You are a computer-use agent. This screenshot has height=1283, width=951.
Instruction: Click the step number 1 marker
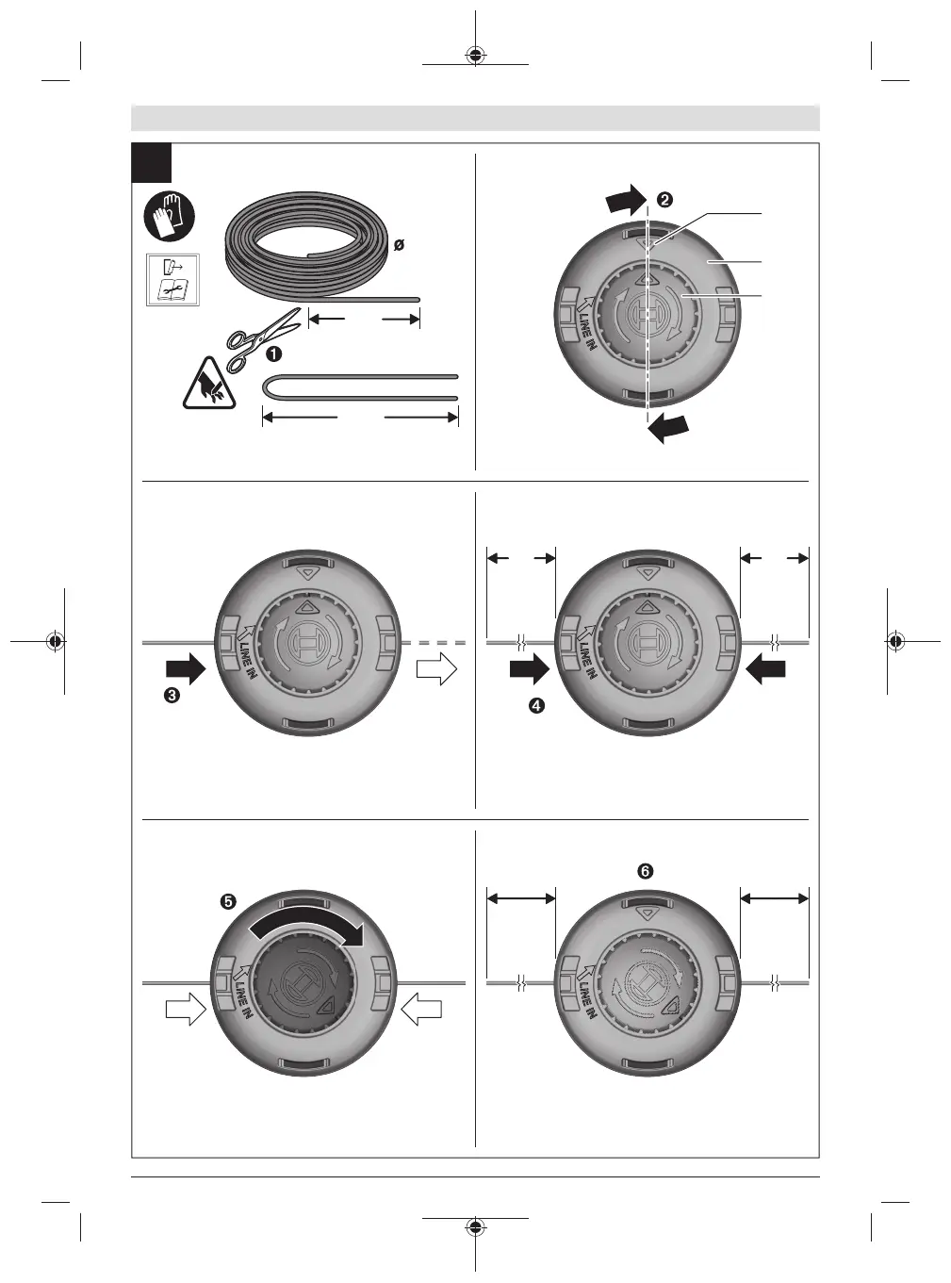pos(273,354)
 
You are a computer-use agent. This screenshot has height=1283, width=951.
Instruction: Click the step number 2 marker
pos(664,200)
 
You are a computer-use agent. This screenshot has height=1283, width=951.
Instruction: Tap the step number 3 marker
pos(172,695)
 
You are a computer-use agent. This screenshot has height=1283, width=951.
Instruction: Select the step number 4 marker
pos(536,705)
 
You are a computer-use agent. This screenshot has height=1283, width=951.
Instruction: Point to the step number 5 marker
pos(228,901)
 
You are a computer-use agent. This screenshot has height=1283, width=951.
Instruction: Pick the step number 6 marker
pos(645,871)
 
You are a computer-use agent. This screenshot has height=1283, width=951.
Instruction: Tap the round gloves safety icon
pos(169,218)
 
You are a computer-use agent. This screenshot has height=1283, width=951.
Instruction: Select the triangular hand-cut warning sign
pos(209,385)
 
